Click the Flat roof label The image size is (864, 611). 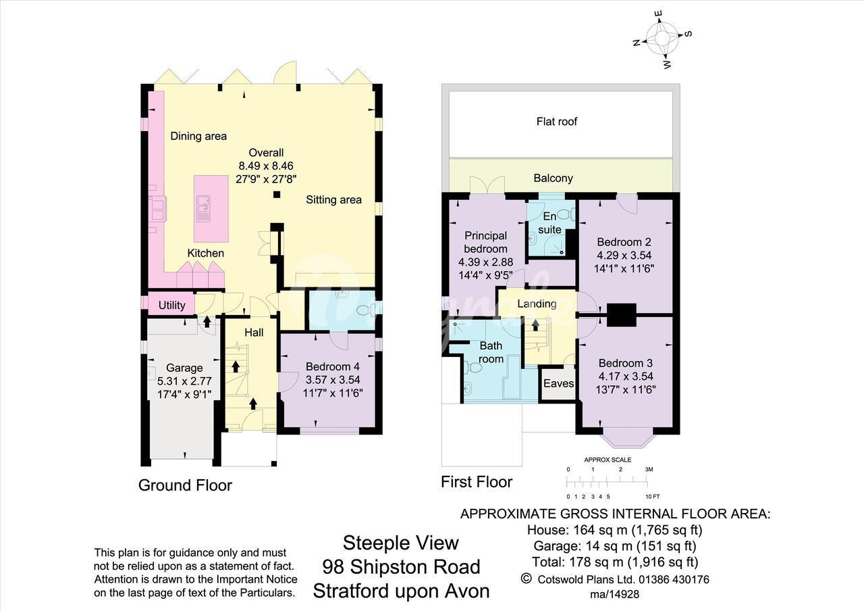click(x=557, y=122)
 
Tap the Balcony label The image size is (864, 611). click(x=553, y=178)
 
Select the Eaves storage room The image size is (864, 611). click(x=558, y=383)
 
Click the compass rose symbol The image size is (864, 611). click(x=662, y=39)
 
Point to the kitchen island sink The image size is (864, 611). click(x=203, y=209)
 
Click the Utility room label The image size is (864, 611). click(x=171, y=305)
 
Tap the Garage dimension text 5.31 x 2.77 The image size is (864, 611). click(x=184, y=381)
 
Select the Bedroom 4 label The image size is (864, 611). click(x=333, y=366)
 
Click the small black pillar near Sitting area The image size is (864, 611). click(x=277, y=195)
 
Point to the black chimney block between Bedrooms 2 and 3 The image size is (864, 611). click(x=621, y=315)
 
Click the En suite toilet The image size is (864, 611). click(x=568, y=214)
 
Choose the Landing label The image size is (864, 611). click(x=537, y=304)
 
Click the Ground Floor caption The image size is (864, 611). click(x=185, y=485)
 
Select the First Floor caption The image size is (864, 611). click(x=477, y=482)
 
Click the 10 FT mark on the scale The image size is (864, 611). click(x=653, y=497)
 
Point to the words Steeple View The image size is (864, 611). click(x=401, y=543)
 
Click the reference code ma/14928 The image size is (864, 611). click(x=614, y=594)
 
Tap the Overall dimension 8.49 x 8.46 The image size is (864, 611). click(x=266, y=166)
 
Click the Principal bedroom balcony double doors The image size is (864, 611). click(x=487, y=185)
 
